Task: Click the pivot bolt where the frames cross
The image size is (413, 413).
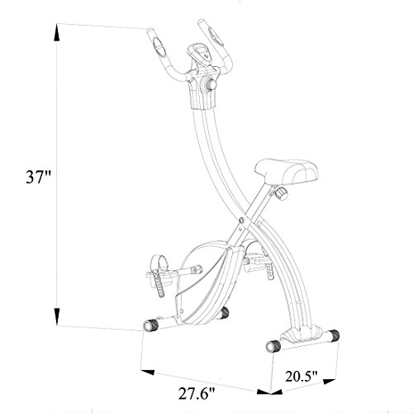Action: click(240, 219)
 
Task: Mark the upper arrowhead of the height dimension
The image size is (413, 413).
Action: click(56, 30)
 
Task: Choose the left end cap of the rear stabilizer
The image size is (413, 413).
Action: click(269, 345)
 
